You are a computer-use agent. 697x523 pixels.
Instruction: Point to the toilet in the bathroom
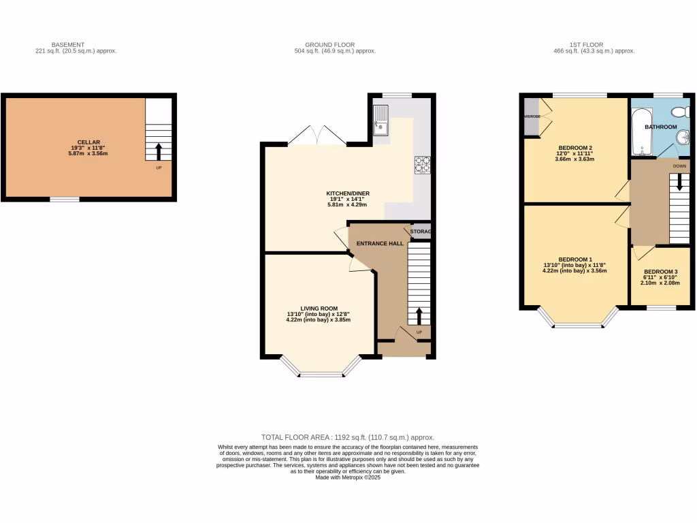click(x=681, y=112)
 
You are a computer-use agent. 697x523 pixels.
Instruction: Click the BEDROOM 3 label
click(x=660, y=271)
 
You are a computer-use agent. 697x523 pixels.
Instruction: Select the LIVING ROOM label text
click(x=319, y=308)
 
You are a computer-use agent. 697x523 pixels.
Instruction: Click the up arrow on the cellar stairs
click(x=159, y=150)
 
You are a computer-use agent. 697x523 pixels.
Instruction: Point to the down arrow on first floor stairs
click(x=678, y=184)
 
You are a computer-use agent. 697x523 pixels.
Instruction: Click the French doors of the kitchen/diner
click(x=317, y=136)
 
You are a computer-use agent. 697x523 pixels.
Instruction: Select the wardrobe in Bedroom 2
click(x=530, y=116)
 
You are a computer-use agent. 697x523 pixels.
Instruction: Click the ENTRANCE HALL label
click(x=377, y=243)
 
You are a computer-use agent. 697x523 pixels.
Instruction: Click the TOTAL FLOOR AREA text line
click(x=348, y=437)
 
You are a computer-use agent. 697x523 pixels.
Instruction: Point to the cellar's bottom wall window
click(x=65, y=199)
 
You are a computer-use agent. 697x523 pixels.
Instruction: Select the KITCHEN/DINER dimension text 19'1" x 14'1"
click(x=347, y=199)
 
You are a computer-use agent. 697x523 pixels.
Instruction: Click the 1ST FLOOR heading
click(x=594, y=45)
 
